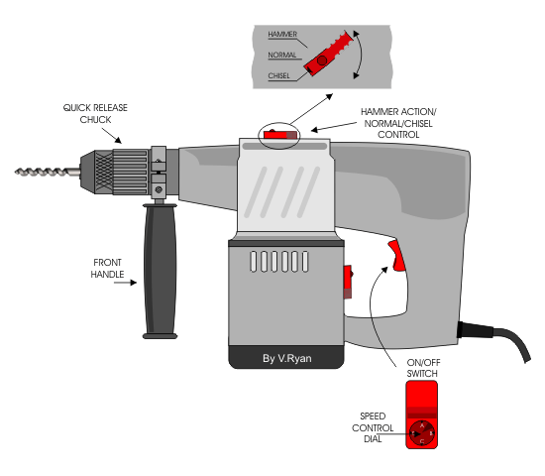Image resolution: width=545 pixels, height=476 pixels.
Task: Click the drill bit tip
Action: coord(19,172)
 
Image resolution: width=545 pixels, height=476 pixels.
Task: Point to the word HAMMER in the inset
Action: coord(282,34)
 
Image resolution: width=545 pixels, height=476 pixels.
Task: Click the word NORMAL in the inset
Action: coord(282,55)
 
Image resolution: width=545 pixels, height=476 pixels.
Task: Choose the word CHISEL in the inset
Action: coord(280,74)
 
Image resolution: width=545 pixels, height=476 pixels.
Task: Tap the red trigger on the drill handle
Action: coord(396,257)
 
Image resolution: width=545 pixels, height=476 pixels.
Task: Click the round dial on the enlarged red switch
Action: coord(422,432)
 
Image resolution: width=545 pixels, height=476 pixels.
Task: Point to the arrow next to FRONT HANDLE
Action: coord(126,283)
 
